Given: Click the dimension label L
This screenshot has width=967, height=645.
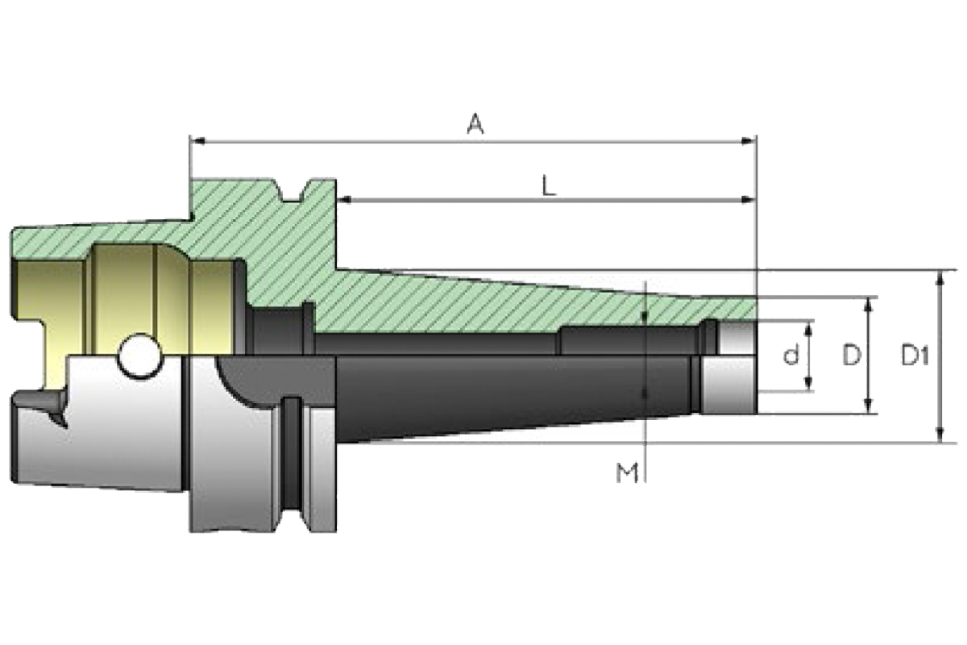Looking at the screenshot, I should pos(548,187).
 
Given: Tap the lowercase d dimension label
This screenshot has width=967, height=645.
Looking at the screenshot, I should pos(791,355).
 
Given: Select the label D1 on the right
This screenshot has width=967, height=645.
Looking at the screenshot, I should pos(916,355).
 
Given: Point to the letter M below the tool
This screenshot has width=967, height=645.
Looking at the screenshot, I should pos(627,473).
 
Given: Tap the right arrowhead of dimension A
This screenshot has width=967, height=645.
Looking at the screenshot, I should pos(749,142).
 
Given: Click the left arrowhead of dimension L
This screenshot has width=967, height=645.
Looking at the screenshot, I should pos(345,199).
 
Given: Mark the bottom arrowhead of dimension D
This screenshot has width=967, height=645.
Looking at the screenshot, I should pos(868,408).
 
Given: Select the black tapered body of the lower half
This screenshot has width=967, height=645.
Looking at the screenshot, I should pos(483,395).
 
